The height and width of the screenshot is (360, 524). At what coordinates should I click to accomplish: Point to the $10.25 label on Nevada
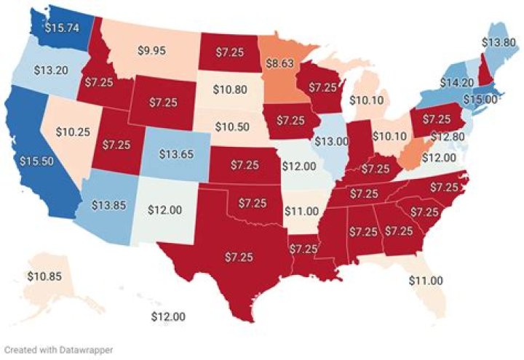(71, 133)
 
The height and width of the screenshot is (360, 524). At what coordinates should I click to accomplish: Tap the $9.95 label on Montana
(152, 50)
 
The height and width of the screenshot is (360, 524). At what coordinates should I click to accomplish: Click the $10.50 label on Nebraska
(232, 126)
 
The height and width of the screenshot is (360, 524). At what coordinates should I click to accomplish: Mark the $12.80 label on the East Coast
(457, 136)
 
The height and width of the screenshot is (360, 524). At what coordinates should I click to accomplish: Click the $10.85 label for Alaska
(44, 276)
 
